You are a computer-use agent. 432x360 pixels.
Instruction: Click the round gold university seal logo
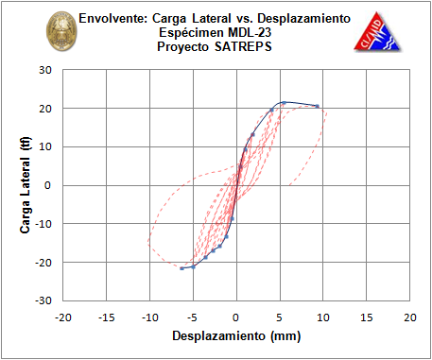61,31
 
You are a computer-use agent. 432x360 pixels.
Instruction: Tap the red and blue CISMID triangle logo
376,32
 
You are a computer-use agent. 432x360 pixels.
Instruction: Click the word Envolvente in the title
113,19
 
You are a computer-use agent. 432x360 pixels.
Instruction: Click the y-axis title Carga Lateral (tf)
25,185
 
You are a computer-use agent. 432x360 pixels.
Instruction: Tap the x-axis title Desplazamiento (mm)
236,335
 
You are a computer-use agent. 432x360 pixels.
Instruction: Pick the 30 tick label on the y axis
45,70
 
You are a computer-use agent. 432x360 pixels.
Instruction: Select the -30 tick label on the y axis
43,300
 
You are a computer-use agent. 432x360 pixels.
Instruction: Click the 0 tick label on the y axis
47,185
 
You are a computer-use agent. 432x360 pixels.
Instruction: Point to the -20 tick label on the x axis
63,317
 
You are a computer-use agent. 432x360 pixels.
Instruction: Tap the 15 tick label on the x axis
366,317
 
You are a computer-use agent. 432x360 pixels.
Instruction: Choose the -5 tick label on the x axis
192,317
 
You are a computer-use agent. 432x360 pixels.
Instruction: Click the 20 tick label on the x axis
409,317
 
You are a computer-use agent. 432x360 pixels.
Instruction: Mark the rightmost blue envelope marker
317,106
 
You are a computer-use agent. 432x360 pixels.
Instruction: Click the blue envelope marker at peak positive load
284,103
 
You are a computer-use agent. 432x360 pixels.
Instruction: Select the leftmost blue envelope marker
181,268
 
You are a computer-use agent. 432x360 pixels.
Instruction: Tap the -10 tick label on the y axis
43,224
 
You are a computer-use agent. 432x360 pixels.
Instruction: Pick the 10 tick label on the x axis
322,317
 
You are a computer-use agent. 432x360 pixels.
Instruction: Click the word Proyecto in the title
182,47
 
